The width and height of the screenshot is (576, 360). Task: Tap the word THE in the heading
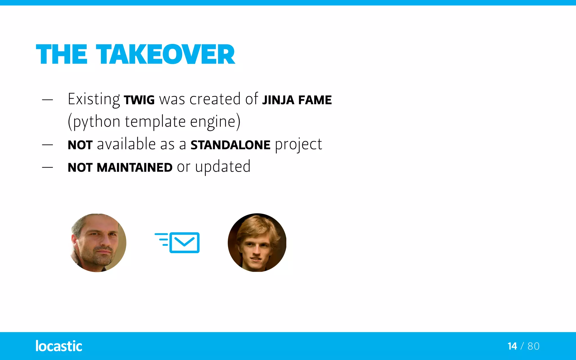[x=62, y=54]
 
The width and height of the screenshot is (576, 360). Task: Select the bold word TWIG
[x=139, y=100]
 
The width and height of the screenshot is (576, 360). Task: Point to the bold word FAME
[x=315, y=100]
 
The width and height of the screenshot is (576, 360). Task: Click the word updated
[x=223, y=167]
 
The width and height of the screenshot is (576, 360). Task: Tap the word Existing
[x=94, y=100]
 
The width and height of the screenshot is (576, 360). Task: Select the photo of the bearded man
[x=98, y=243]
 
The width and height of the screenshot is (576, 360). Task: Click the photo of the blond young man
[x=257, y=243]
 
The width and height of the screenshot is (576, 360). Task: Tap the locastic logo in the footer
[x=59, y=346]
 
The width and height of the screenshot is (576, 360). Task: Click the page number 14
[x=512, y=346]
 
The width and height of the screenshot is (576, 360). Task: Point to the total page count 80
[x=534, y=346]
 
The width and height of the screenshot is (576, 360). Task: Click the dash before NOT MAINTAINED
[x=48, y=167]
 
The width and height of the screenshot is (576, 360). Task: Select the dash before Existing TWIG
[x=48, y=100]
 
